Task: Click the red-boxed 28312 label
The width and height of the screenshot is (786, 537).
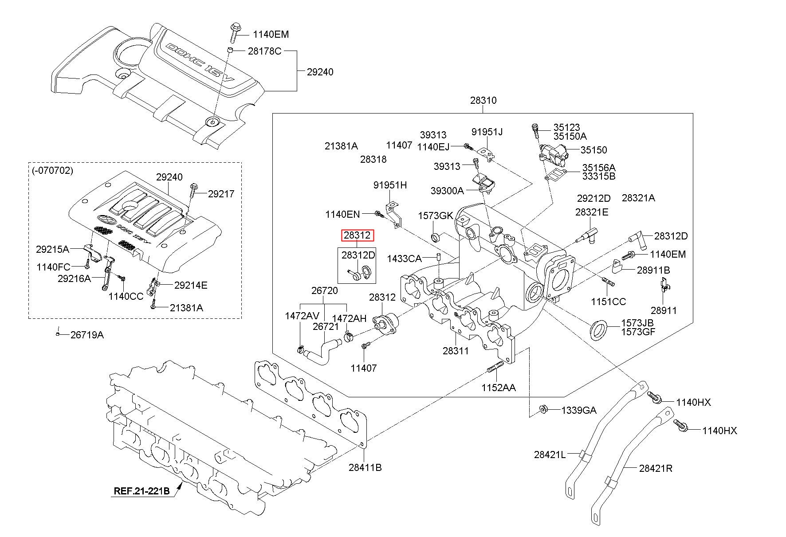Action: pyautogui.click(x=357, y=235)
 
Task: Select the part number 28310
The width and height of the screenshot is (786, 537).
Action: pyautogui.click(x=483, y=100)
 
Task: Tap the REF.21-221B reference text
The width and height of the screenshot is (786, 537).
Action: pyautogui.click(x=142, y=491)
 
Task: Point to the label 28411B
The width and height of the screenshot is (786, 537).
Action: pyautogui.click(x=365, y=467)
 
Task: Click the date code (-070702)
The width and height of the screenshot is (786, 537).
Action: pyautogui.click(x=53, y=170)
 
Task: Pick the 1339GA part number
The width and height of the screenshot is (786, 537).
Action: pyautogui.click(x=579, y=410)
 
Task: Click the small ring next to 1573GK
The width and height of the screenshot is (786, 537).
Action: pyautogui.click(x=436, y=236)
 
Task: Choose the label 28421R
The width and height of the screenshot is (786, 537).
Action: pyautogui.click(x=656, y=468)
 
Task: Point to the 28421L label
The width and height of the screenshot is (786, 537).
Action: pyautogui.click(x=550, y=455)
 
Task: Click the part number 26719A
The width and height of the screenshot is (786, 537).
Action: pyautogui.click(x=87, y=335)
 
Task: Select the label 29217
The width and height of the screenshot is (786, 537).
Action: pyautogui.click(x=221, y=194)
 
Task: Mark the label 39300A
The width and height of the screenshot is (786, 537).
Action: pyautogui.click(x=447, y=191)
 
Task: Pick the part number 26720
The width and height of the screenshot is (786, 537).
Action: pyautogui.click(x=324, y=291)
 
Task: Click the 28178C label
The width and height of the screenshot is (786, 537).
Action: pyautogui.click(x=264, y=51)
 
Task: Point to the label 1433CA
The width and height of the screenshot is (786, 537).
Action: pyautogui.click(x=404, y=258)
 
